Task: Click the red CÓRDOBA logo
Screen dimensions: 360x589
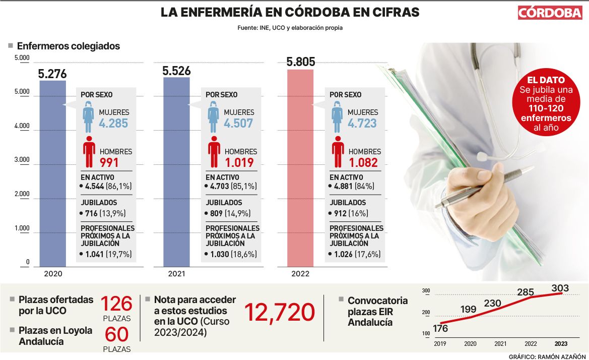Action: (x=550, y=13)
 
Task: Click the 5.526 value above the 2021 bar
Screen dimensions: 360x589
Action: (x=176, y=71)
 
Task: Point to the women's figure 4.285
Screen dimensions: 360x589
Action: (x=113, y=124)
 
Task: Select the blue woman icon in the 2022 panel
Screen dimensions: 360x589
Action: (x=338, y=117)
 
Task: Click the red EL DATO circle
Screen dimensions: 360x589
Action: (x=549, y=103)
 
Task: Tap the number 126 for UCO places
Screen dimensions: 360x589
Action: (x=116, y=304)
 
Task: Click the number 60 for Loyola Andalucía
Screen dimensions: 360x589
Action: (x=116, y=334)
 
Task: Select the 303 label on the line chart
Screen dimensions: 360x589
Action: (x=560, y=288)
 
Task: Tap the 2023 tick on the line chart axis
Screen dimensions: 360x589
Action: (x=561, y=344)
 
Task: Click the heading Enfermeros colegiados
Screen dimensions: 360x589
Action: (x=68, y=46)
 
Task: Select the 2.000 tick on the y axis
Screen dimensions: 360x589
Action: (x=22, y=194)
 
